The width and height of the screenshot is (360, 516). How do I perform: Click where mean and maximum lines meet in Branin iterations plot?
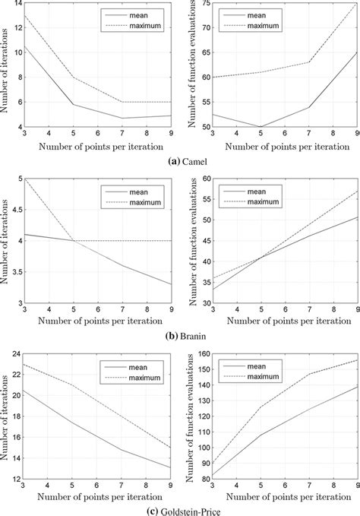(x=72, y=240)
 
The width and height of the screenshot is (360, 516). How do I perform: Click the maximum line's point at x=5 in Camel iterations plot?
(x=72, y=78)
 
